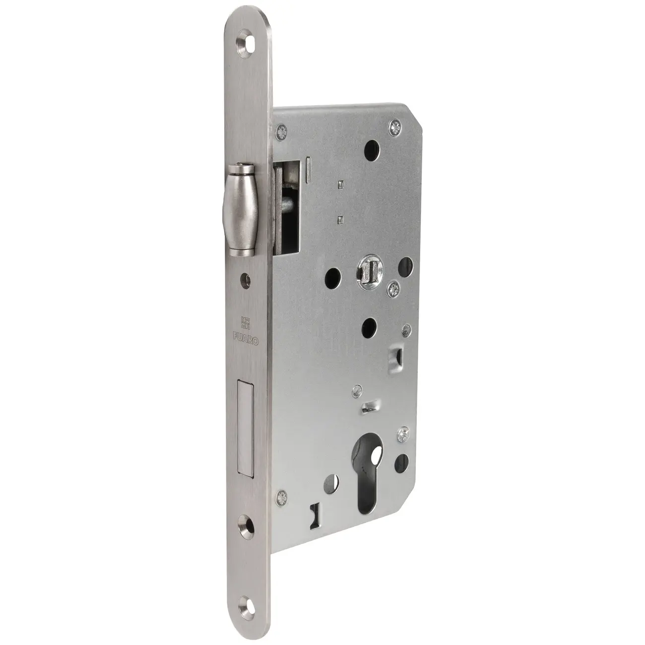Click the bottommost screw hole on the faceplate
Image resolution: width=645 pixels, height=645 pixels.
(246, 597)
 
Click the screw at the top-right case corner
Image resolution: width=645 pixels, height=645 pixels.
(395, 128)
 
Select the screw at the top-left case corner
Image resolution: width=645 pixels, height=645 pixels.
(281, 131)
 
